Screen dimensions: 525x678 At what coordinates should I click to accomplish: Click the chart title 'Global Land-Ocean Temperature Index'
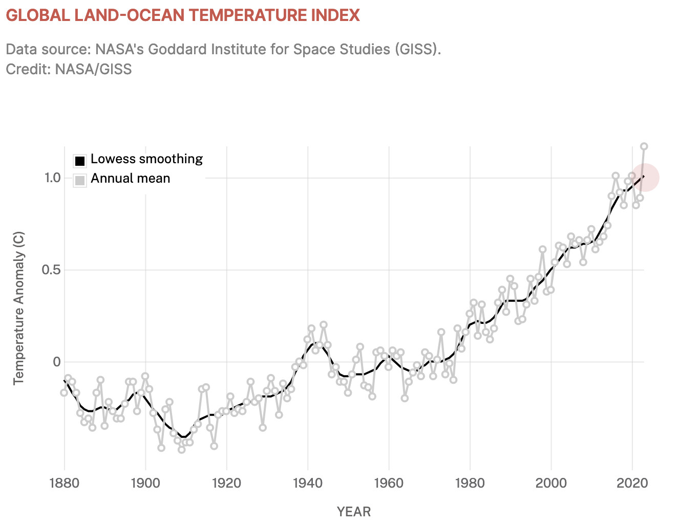(x=183, y=15)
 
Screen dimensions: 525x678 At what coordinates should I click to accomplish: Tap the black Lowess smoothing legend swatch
(x=79, y=161)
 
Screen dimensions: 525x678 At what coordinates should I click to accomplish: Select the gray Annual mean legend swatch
(x=79, y=180)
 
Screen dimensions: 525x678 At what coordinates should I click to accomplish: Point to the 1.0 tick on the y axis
(x=53, y=178)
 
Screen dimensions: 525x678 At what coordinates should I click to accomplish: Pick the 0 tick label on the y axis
(x=57, y=362)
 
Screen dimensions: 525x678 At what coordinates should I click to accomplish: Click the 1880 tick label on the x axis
(x=65, y=483)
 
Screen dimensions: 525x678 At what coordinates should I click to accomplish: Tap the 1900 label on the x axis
(x=145, y=483)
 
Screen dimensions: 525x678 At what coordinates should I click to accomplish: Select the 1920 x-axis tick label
(x=226, y=483)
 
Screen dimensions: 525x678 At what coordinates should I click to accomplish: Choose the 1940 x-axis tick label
(x=308, y=483)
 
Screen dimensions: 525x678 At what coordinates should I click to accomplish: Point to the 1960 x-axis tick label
(x=389, y=483)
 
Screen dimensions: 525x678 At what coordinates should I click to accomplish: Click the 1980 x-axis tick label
(x=470, y=483)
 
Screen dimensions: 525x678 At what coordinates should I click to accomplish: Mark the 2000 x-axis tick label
(x=551, y=483)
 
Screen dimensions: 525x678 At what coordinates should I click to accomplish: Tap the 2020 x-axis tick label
(x=632, y=483)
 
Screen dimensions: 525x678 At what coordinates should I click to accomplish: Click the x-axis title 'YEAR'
(x=354, y=512)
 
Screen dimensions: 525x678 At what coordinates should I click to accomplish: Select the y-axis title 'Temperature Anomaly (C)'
(x=19, y=308)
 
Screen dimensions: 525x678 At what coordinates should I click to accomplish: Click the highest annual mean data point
(x=644, y=146)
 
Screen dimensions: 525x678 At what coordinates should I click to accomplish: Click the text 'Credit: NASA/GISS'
(x=69, y=69)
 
